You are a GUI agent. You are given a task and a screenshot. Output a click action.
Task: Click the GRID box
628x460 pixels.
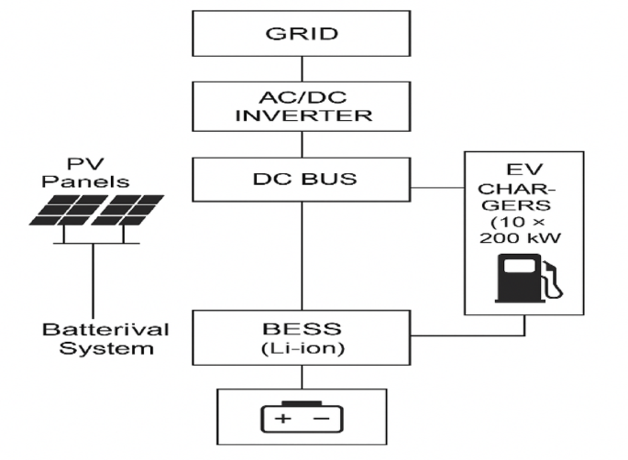pos(301,35)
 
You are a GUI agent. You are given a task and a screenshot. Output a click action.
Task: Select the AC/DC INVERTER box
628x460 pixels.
pos(301,105)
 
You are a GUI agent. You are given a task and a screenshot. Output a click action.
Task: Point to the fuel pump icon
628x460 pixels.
pos(526,279)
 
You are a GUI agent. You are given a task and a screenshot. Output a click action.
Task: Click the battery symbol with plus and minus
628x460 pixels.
pos(301,417)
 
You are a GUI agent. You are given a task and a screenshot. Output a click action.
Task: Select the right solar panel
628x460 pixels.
pos(127,212)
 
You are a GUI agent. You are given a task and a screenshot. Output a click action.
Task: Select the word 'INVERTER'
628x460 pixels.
pos(301,115)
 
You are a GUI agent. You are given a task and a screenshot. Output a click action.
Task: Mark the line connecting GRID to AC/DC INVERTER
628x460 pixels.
pos(301,69)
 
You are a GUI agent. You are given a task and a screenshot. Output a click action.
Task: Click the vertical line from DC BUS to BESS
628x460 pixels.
pos(301,257)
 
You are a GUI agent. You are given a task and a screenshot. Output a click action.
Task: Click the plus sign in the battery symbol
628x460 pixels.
pos(281,420)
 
